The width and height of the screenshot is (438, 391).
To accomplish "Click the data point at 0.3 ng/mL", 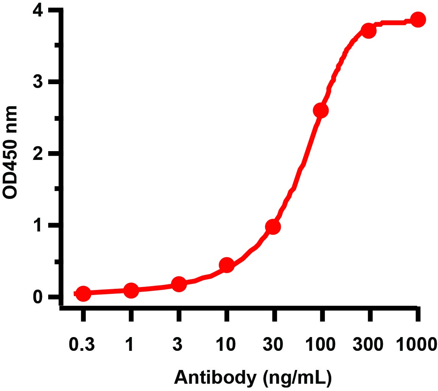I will [83, 293].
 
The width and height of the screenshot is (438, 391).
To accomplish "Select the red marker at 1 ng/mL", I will [131, 290].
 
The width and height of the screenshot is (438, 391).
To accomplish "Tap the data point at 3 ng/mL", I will [179, 284].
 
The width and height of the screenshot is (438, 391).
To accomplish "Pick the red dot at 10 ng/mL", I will [226, 265].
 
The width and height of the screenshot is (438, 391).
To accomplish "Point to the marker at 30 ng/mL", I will [273, 226].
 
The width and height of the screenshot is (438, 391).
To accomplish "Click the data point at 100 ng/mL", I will [321, 111].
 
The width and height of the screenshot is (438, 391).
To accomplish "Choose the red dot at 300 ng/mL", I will [368, 31].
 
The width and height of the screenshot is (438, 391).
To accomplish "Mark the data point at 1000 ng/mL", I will [418, 20].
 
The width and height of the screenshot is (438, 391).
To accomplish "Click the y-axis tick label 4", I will [38, 11].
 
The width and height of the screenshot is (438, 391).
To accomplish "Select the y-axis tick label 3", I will [38, 82].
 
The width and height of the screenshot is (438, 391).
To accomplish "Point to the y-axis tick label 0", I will [38, 297].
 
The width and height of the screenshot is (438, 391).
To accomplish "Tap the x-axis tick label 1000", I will [415, 345].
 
